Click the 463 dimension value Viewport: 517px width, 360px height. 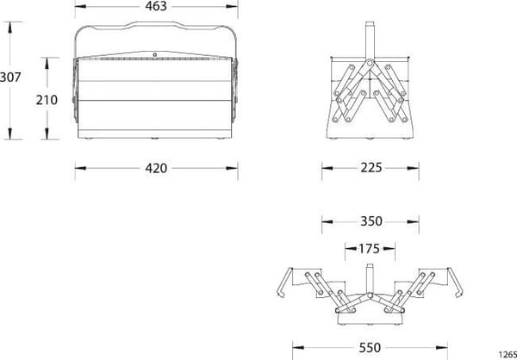[156, 6]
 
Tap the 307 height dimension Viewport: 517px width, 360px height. [10, 78]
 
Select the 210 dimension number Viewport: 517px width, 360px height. [47, 100]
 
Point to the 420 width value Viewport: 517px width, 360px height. [156, 169]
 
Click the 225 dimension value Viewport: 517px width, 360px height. [371, 168]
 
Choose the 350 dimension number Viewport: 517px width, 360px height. [371, 221]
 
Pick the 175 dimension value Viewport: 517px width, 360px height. [370, 249]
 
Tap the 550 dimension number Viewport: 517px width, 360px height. [370, 347]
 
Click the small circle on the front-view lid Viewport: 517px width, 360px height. [154, 55]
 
